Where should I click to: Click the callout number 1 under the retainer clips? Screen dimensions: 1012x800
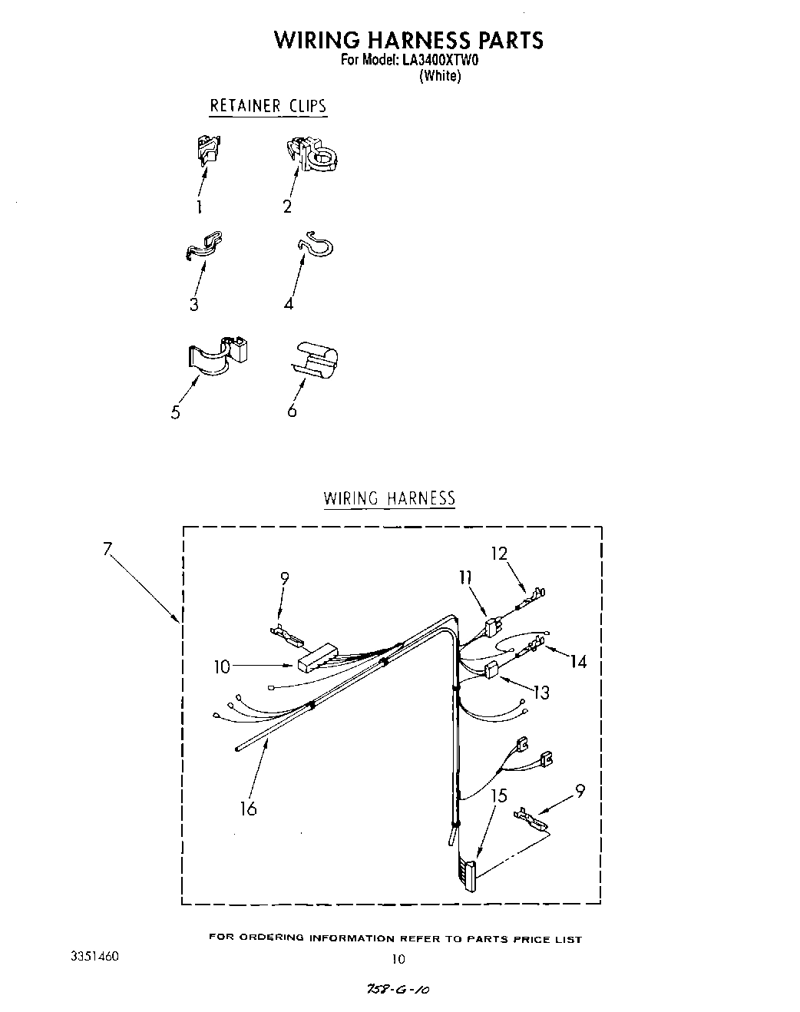(199, 207)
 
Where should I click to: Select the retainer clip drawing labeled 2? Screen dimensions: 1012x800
(315, 152)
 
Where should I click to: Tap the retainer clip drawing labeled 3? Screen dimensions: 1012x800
(204, 245)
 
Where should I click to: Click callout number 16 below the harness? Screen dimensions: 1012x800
(248, 808)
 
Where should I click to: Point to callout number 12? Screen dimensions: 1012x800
(500, 554)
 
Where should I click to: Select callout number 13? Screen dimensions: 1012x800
(541, 693)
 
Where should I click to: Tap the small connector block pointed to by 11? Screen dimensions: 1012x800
(493, 628)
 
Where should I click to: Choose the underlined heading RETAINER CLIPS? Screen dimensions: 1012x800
(268, 106)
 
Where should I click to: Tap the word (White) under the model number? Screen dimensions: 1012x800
(439, 76)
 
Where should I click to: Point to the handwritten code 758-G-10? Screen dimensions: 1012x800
(398, 991)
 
